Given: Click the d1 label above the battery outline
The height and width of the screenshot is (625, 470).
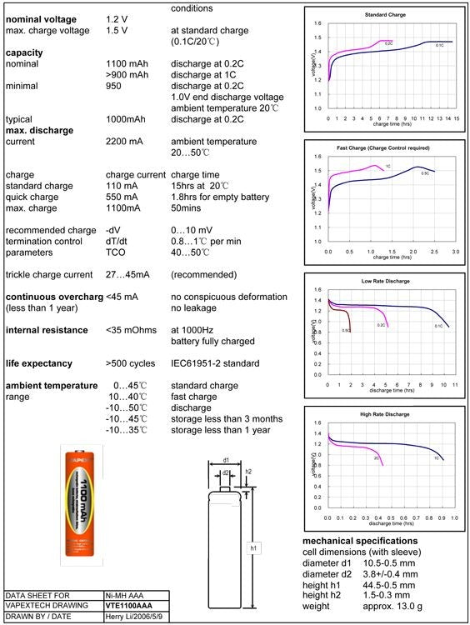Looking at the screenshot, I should [x=226, y=460].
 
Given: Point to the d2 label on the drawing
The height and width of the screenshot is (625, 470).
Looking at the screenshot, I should [x=226, y=473].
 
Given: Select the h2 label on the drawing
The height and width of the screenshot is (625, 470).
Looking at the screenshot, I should [x=248, y=472].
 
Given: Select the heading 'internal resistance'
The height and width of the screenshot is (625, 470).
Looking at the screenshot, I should [x=52, y=330].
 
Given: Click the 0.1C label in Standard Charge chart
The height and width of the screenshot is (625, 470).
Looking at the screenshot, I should [x=440, y=46].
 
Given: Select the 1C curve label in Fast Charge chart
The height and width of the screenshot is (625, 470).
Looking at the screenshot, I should [x=387, y=167].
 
